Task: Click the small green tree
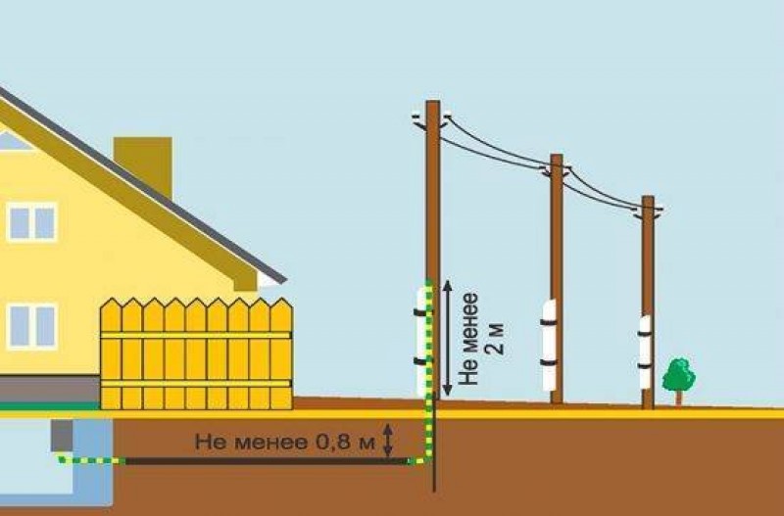coord(678,377)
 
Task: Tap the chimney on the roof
coord(143,164)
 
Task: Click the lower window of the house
coord(32,326)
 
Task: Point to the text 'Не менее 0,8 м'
coord(284,442)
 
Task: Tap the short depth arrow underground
coord(387,440)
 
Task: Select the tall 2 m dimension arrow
coord(448,338)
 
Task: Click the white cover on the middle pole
coord(549,345)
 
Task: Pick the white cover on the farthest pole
coord(645,352)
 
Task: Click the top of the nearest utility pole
coord(433,102)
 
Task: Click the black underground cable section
coord(266,461)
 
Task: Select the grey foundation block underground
coord(62,436)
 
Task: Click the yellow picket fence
coord(196,353)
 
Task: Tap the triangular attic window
coord(14,141)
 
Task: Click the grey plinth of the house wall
coord(50,389)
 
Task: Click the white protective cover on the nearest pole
coord(421,342)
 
